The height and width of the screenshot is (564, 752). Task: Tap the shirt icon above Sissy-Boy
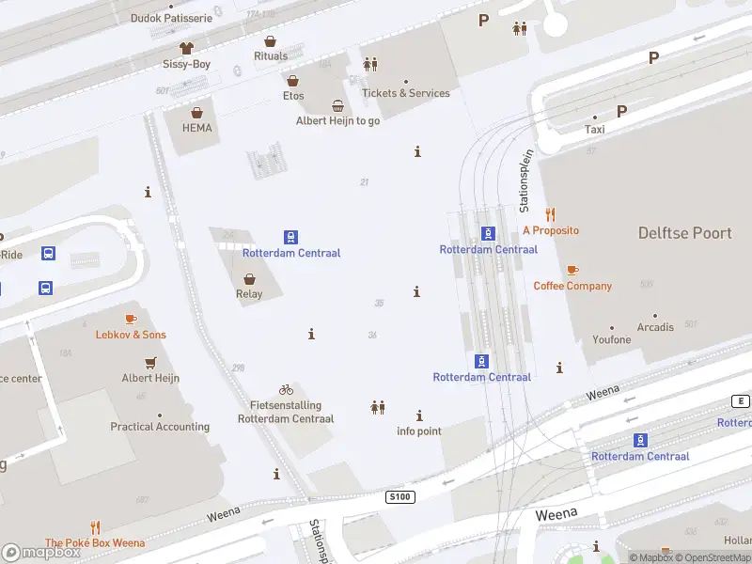(x=186, y=47)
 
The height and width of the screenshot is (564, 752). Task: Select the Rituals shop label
(x=271, y=56)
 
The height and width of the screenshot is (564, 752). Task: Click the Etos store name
(x=293, y=96)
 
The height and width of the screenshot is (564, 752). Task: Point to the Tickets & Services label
(x=406, y=93)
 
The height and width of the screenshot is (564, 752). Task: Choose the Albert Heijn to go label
(x=337, y=121)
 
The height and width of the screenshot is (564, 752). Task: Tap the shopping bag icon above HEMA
(x=197, y=112)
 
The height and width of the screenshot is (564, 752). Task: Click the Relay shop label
(x=249, y=294)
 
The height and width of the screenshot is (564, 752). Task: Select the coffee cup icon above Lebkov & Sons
(x=131, y=319)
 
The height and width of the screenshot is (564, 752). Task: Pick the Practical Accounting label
(x=160, y=427)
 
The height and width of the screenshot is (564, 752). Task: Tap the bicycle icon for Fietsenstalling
(x=286, y=389)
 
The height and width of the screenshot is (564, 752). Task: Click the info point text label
(x=419, y=431)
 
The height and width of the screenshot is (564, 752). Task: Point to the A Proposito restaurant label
(x=551, y=230)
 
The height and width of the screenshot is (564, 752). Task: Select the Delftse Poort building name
(x=684, y=233)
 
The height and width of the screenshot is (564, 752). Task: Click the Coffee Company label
(x=572, y=286)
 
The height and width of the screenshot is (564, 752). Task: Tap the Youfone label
(x=612, y=339)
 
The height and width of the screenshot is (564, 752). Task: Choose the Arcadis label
(x=655, y=328)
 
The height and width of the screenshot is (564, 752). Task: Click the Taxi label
(x=594, y=130)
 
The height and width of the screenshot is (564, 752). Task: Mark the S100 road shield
(x=399, y=495)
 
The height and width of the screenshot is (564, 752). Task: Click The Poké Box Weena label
(x=95, y=543)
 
